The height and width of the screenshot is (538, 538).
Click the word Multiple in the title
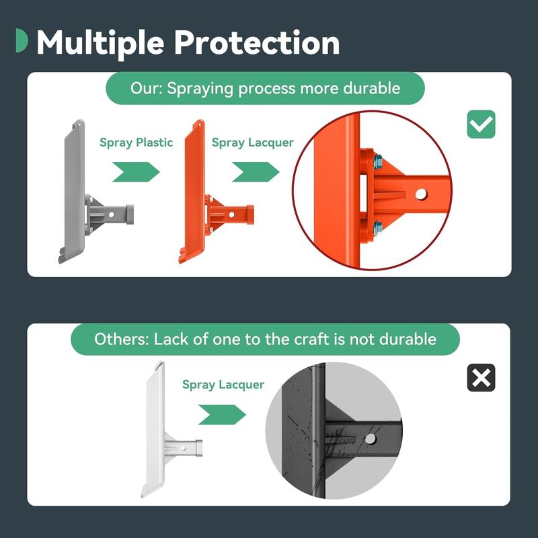tap(100, 44)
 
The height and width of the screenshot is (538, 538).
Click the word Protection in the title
tap(257, 42)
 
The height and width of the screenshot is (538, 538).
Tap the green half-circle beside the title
tap(22, 40)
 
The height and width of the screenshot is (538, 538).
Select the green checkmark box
tap(481, 124)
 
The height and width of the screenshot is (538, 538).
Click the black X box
tap(481, 378)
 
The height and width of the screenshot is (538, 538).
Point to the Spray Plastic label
tap(137, 143)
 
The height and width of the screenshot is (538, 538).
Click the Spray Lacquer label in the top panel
tap(253, 143)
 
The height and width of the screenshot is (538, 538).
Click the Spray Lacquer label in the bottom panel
tap(223, 385)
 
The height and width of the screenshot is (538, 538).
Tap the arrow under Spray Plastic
tap(136, 172)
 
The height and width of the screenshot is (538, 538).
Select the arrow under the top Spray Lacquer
tap(256, 172)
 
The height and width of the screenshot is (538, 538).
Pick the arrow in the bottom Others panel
tap(222, 414)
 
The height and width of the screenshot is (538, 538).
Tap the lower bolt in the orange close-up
tap(377, 227)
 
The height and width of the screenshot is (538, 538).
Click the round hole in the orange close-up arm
tap(421, 194)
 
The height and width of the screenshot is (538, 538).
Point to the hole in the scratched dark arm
tap(371, 439)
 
